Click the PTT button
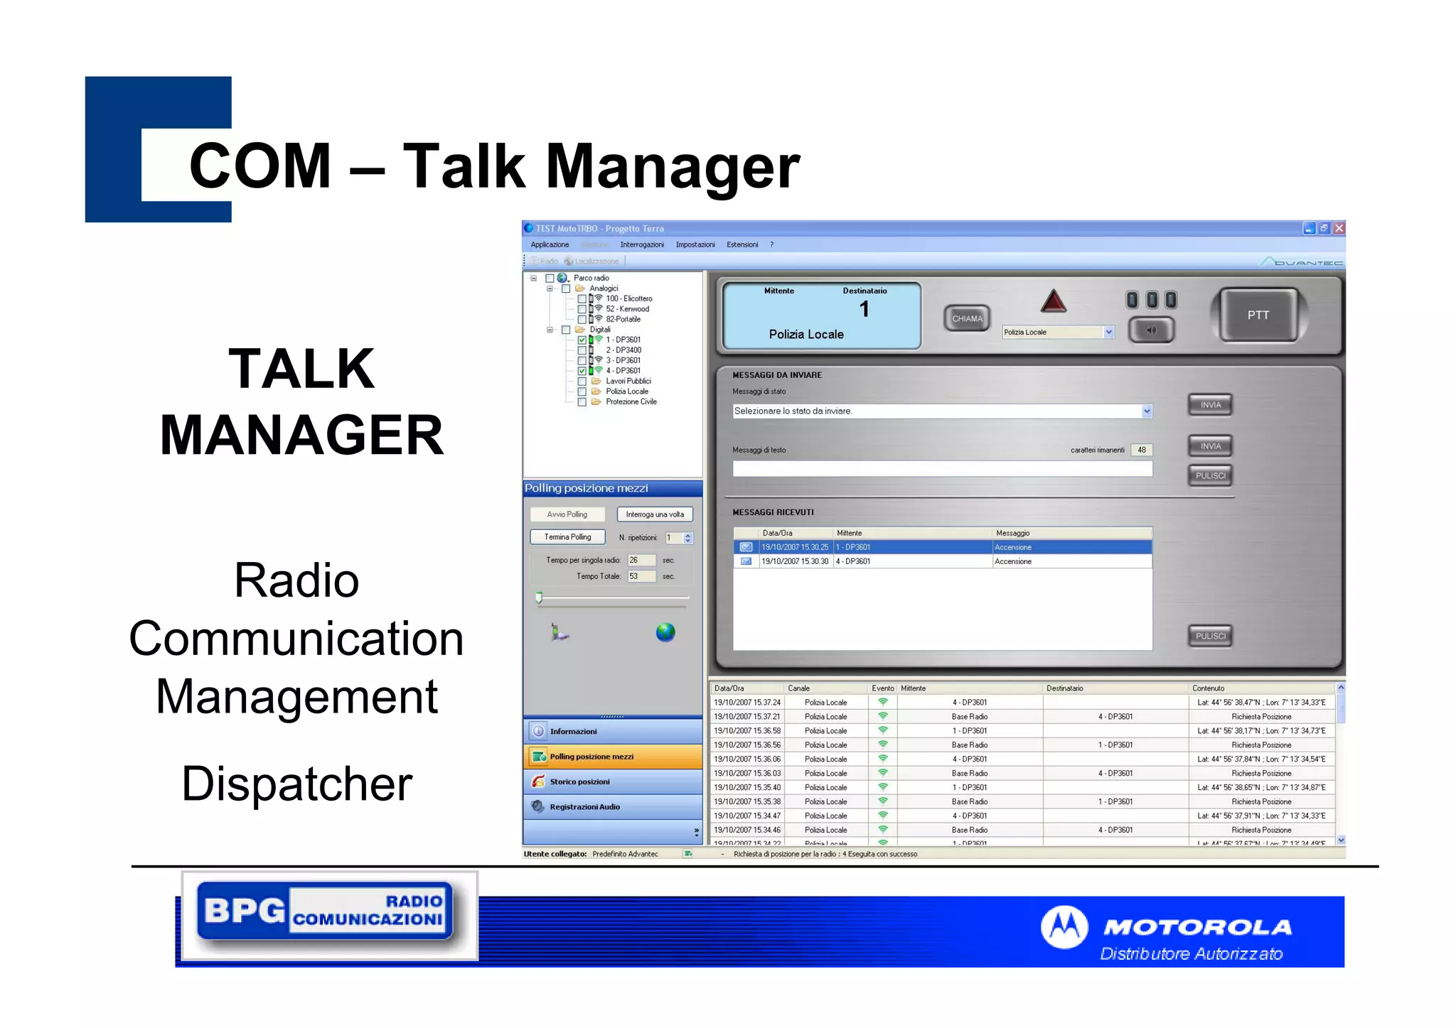[1257, 315]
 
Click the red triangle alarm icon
[1053, 302]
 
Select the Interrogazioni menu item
[641, 245]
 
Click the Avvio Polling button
[567, 514]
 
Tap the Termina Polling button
[567, 537]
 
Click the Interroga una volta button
[654, 514]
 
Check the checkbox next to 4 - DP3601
[582, 371]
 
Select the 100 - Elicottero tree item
[628, 299]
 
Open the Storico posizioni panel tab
[579, 781]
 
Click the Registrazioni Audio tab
[584, 807]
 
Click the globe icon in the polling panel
[665, 632]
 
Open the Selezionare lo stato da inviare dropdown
[1147, 411]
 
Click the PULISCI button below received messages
[1210, 637]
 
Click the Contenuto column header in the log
[1209, 688]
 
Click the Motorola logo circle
[1064, 927]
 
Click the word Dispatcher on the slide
[296, 784]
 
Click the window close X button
[1339, 229]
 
